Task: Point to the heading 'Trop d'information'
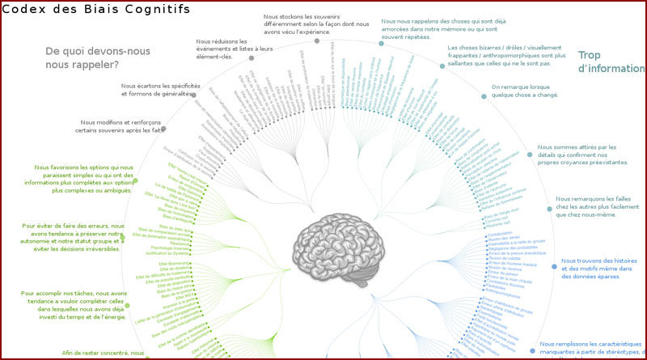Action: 610,62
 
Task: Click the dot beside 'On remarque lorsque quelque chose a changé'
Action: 484,96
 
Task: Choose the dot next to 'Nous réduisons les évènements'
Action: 252,58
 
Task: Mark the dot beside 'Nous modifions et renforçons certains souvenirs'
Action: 163,129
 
